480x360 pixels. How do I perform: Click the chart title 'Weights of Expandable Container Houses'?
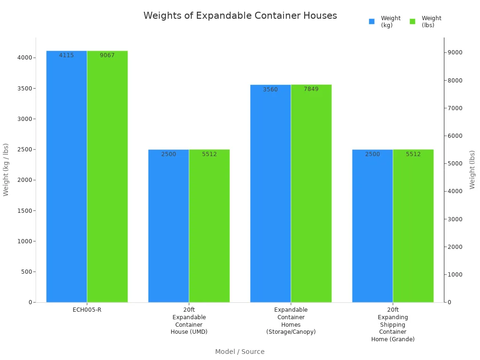(x=240, y=15)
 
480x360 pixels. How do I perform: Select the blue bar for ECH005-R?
(x=67, y=178)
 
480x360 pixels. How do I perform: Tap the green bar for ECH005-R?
(x=107, y=178)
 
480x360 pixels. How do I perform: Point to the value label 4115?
(x=67, y=55)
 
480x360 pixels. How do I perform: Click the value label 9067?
(x=107, y=55)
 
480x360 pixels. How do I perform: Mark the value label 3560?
(x=270, y=90)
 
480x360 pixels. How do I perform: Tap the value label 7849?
(x=311, y=89)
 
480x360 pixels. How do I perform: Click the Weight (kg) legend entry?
(x=385, y=22)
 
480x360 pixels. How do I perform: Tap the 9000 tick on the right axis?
(x=455, y=52)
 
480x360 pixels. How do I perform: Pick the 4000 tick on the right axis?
(x=455, y=191)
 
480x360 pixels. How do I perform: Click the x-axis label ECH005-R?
(x=87, y=310)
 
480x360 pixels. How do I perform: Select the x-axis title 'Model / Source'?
(x=240, y=352)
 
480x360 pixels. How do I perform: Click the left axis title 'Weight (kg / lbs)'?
(x=6, y=170)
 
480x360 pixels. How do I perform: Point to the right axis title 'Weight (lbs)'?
(x=472, y=170)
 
